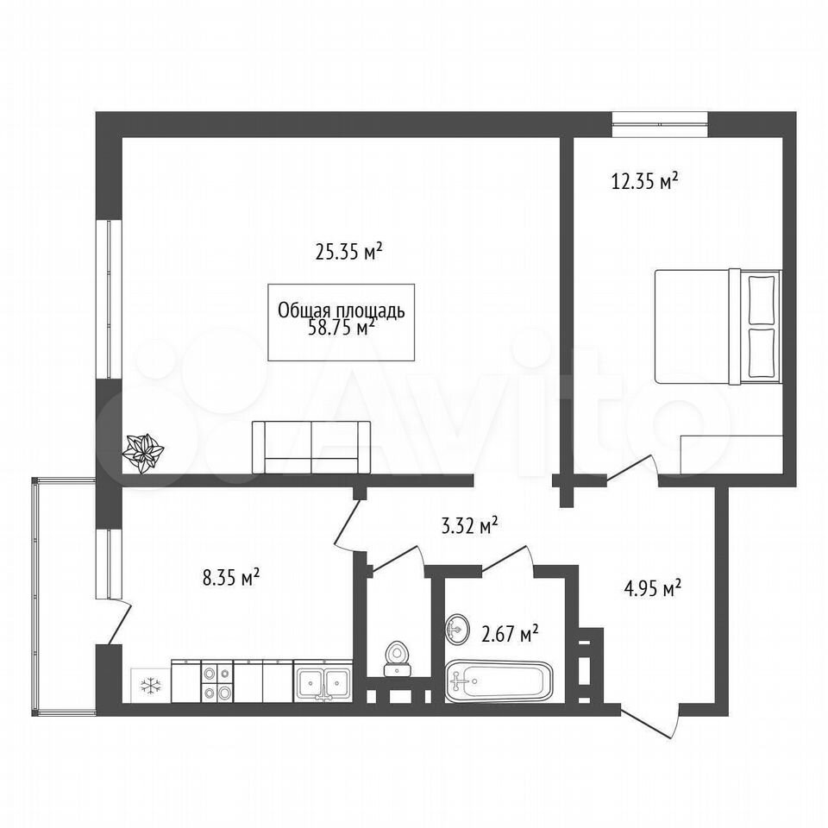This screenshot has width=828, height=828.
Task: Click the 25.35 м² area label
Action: point(348,252)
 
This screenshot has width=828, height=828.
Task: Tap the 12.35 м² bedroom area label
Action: point(645,181)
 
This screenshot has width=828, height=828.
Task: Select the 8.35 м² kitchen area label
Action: point(231,577)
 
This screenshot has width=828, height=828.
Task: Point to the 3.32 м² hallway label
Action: point(470,525)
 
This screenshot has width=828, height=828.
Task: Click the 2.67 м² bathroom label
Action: point(510,632)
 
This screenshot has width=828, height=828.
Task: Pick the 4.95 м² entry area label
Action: point(653,587)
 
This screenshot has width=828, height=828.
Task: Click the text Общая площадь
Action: point(342,311)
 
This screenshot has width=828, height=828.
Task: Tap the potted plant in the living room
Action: point(143,453)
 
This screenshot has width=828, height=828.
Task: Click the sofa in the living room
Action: point(311,447)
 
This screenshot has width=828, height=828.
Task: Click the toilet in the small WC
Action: point(398,658)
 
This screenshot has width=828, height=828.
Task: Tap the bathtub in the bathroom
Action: point(499,681)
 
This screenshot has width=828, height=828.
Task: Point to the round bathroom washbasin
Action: point(457,629)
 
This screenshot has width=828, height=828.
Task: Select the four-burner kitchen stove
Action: point(217,681)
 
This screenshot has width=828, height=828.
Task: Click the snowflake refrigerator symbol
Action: point(151,686)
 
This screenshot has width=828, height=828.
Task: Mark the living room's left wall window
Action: point(109,299)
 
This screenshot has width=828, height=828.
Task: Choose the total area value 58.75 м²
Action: point(342,328)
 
